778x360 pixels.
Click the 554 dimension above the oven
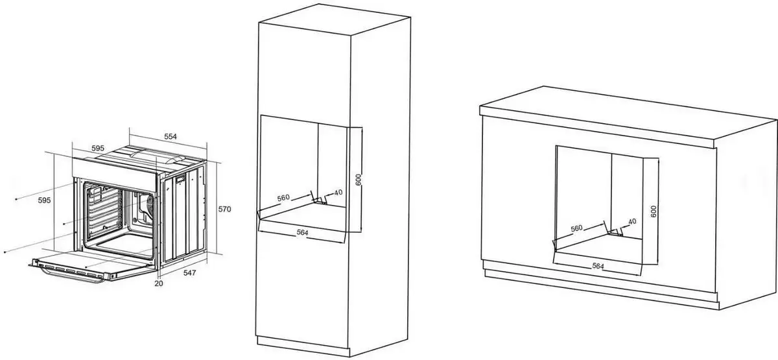[x=171, y=137]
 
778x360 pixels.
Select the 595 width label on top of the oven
[x=98, y=149]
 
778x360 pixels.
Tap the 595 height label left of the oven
[x=44, y=200]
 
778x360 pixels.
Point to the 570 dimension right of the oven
[x=224, y=209]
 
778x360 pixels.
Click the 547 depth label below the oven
[x=189, y=273]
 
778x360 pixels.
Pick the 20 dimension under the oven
[x=159, y=283]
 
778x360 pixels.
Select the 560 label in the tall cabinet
[x=283, y=198]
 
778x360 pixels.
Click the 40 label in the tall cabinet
[x=338, y=192]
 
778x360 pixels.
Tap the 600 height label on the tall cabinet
[x=359, y=179]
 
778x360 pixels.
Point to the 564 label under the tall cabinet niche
[x=302, y=232]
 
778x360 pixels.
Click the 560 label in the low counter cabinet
[x=576, y=228]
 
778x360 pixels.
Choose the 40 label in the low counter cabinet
[x=632, y=221]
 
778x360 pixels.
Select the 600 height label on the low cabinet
[x=654, y=211]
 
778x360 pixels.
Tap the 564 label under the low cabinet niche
[x=598, y=266]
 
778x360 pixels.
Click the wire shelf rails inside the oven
[x=105, y=211]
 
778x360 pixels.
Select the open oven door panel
[x=92, y=266]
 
